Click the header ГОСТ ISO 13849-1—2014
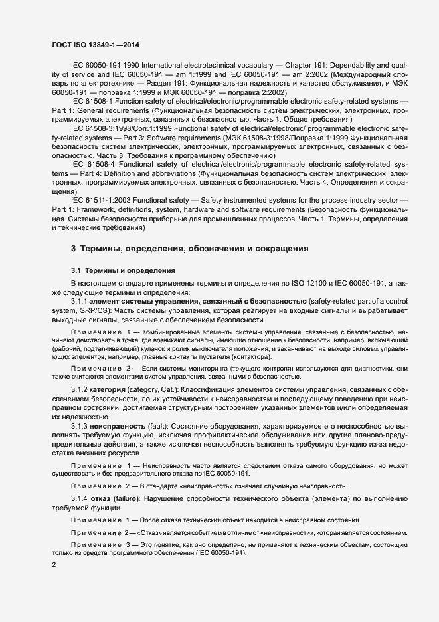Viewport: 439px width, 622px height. pyautogui.click(x=96, y=45)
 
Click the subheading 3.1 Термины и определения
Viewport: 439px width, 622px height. pyautogui.click(x=123, y=270)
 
